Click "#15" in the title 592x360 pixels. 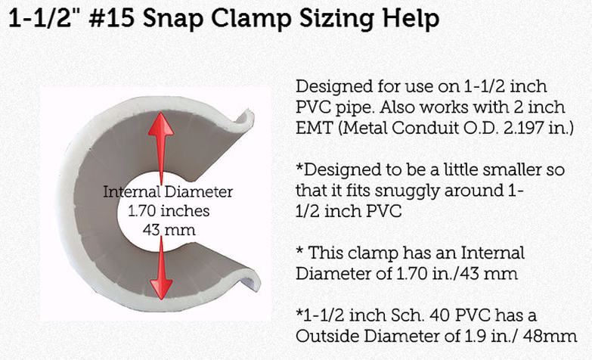112,17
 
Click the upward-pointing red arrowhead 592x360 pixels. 161,124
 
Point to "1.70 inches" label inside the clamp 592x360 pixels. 169,211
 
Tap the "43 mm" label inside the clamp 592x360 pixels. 169,230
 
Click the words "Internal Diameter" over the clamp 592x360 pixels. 168,192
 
